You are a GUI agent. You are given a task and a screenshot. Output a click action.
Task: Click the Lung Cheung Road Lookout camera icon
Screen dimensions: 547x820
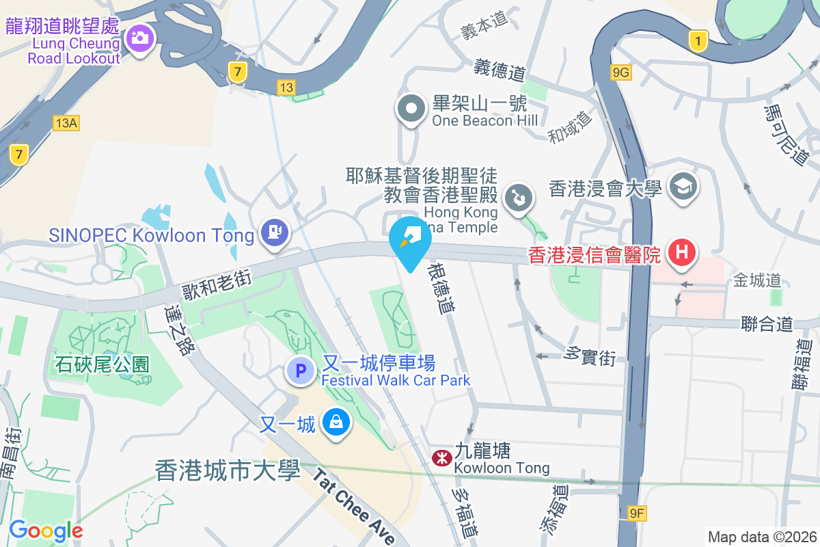click(140, 38)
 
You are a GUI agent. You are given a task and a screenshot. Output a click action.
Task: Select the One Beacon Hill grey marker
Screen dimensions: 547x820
click(411, 109)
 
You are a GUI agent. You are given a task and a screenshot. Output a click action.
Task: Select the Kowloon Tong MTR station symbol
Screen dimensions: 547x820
click(441, 457)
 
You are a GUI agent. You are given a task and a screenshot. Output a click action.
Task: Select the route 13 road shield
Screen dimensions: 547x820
click(286, 87)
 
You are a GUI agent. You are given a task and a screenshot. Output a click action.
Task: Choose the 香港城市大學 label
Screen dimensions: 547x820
click(228, 470)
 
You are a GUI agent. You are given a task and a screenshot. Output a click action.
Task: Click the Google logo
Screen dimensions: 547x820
click(46, 530)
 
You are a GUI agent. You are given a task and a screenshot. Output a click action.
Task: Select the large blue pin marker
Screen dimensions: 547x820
click(410, 241)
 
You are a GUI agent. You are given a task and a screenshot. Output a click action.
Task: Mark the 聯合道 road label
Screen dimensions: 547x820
click(767, 323)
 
